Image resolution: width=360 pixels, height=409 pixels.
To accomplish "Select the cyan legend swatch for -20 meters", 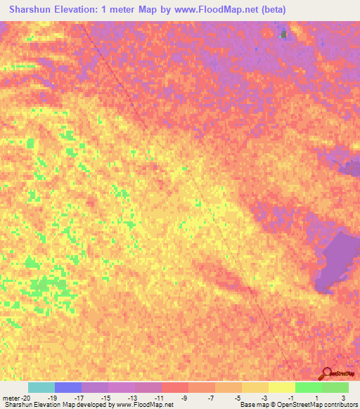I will (41, 387).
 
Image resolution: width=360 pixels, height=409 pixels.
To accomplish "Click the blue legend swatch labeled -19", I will (68, 387).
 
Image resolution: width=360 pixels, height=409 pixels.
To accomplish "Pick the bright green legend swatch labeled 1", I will (308, 387).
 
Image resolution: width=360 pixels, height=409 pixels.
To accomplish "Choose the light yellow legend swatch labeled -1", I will (281, 387).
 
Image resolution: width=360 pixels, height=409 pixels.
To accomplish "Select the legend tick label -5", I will (238, 397).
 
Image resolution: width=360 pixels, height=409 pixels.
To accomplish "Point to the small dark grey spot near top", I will (284, 33).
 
